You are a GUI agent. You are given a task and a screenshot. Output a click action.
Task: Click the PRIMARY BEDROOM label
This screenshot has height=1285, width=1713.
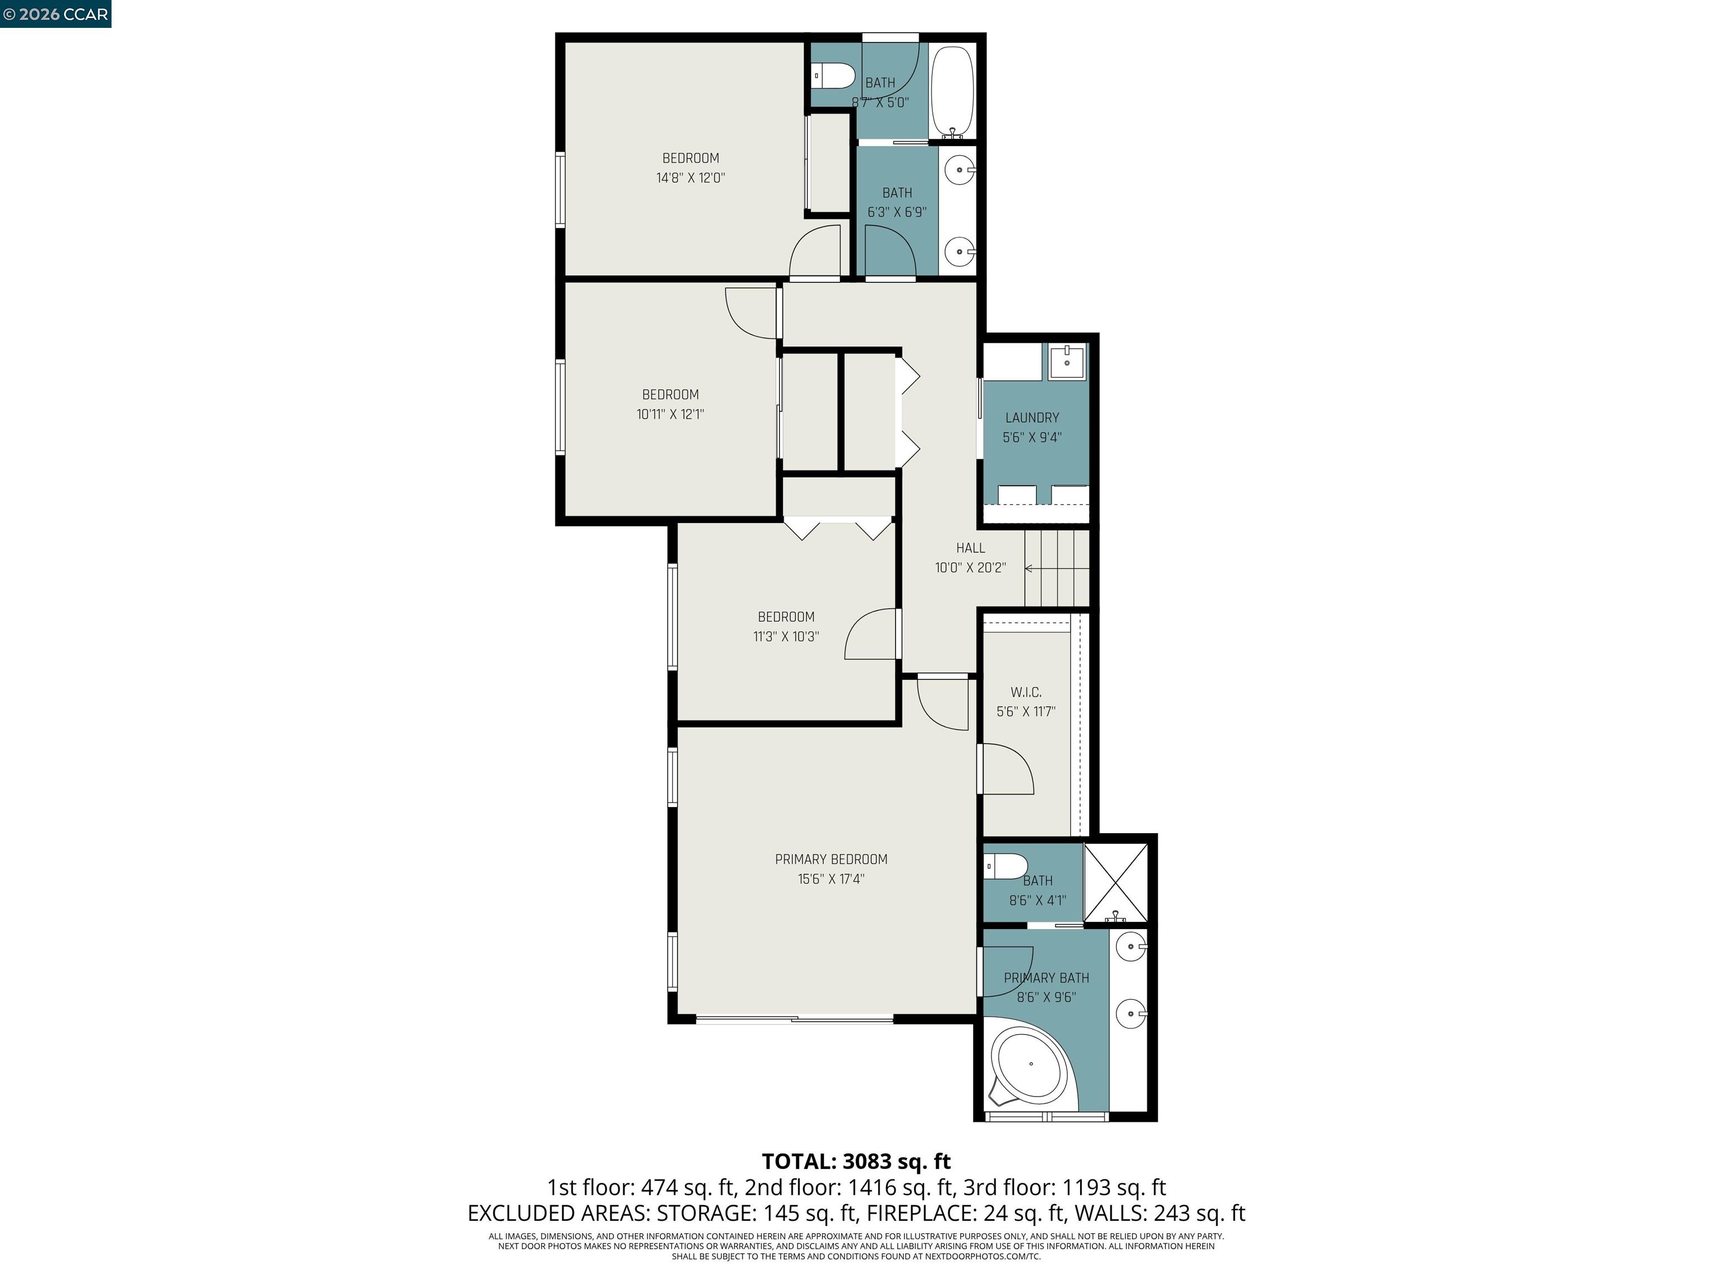pyautogui.click(x=831, y=859)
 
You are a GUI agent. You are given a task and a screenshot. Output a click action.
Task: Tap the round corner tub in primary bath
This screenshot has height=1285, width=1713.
pyautogui.click(x=1030, y=1064)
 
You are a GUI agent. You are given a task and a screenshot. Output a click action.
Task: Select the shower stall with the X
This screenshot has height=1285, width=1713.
pyautogui.click(x=1115, y=882)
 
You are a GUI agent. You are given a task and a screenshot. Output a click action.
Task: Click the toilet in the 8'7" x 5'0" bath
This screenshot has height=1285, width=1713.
pyautogui.click(x=832, y=76)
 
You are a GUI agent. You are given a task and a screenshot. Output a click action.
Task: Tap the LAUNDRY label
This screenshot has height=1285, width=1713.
pyautogui.click(x=1032, y=418)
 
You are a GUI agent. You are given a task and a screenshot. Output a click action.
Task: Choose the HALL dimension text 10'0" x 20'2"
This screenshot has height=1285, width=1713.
pyautogui.click(x=970, y=568)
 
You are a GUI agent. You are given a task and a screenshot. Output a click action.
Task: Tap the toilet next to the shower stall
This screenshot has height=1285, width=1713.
pyautogui.click(x=1005, y=866)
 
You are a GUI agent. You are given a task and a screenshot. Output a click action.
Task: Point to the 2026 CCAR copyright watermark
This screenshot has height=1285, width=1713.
pyautogui.click(x=55, y=14)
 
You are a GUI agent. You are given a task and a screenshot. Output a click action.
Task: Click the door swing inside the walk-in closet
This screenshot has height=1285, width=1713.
pyautogui.click(x=1006, y=769)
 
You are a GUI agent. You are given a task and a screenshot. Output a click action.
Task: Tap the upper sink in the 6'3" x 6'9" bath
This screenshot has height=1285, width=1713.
pyautogui.click(x=960, y=170)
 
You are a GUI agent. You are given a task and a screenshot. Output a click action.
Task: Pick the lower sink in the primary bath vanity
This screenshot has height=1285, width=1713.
pyautogui.click(x=1131, y=1012)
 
